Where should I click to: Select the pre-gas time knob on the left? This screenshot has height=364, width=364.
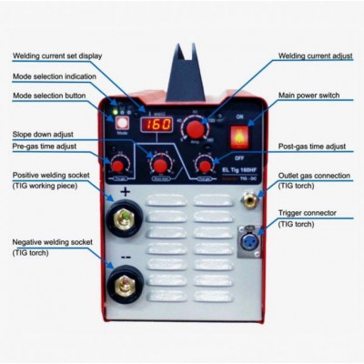(118, 164)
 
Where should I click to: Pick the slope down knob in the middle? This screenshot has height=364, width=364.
(160, 165)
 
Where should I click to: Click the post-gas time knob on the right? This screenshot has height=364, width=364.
(202, 165)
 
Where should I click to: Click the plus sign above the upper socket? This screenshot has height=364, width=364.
(123, 193)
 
